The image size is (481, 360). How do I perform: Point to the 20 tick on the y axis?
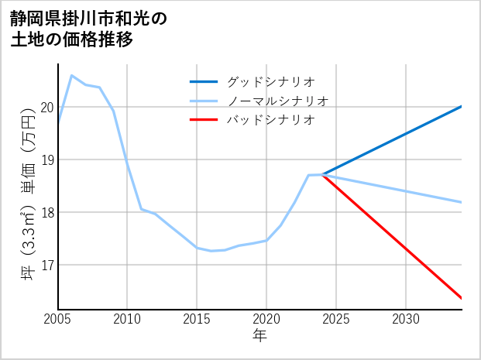(47, 108)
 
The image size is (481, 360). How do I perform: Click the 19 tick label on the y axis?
(47, 160)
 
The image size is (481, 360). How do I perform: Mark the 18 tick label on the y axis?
(47, 213)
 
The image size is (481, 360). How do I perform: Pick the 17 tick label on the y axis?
(47, 266)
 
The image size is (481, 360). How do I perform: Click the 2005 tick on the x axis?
(58, 319)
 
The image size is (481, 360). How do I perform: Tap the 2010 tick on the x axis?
(128, 319)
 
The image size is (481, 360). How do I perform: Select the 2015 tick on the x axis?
(198, 319)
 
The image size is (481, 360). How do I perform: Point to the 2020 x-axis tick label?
(266, 319)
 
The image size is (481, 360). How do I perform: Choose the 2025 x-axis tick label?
(336, 319)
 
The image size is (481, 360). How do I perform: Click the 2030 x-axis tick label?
(406, 319)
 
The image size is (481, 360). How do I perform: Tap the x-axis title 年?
(259, 336)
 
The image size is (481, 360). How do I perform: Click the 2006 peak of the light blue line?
(72, 75)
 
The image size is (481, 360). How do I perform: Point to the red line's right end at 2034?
(462, 298)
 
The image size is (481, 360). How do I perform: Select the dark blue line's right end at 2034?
(462, 106)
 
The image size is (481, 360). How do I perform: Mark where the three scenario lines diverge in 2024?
(322, 175)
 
